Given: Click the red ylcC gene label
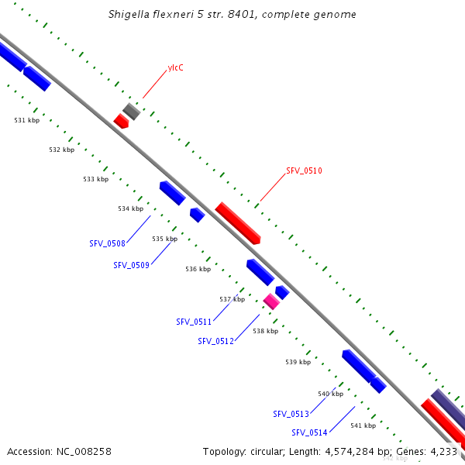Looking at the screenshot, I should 176,68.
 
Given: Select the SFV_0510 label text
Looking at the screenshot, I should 304,170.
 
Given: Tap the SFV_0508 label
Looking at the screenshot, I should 107,243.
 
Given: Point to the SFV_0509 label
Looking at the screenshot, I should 131,265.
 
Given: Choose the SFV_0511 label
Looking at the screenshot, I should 194,322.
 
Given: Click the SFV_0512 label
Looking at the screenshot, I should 215,341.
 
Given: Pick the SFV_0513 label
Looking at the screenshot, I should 291,414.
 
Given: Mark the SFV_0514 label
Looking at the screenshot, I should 309,432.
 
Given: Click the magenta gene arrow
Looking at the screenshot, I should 271,301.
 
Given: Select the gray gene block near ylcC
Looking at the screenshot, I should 132,111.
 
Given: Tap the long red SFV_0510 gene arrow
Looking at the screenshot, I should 237,222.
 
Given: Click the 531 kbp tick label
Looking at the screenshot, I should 27,120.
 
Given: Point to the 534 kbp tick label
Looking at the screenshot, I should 130,208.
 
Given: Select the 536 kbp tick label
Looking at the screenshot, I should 198,269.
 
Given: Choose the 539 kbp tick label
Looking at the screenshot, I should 298,362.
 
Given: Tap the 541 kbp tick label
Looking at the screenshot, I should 363,425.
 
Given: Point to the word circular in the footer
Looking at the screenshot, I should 274,451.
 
